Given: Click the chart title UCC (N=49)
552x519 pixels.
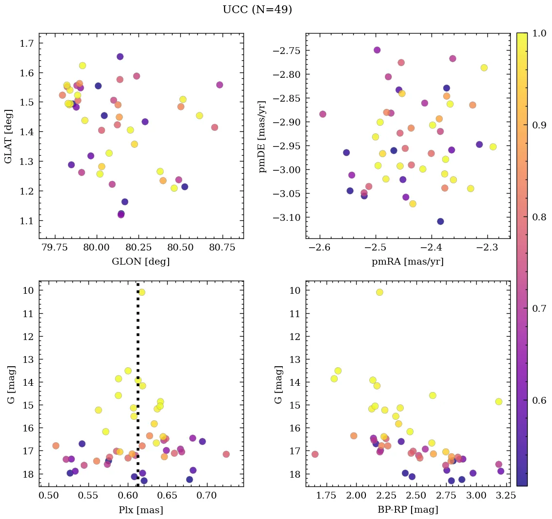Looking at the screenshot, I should click(x=257, y=10).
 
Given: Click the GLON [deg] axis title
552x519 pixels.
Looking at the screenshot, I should click(x=140, y=262).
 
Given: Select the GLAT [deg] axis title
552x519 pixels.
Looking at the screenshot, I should click(x=8, y=136).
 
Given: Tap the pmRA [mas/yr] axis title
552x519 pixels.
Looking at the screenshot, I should click(x=407, y=262).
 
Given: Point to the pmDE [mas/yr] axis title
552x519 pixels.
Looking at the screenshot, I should click(x=263, y=136).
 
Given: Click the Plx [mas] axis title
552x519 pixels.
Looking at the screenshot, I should click(x=140, y=510).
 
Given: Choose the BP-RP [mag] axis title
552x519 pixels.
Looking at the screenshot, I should click(x=407, y=510).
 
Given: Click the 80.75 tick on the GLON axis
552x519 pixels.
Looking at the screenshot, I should click(x=222, y=247).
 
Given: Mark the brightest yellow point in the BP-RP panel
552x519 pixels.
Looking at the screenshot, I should click(x=379, y=292).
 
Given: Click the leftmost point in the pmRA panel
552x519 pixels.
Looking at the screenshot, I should click(x=323, y=114).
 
